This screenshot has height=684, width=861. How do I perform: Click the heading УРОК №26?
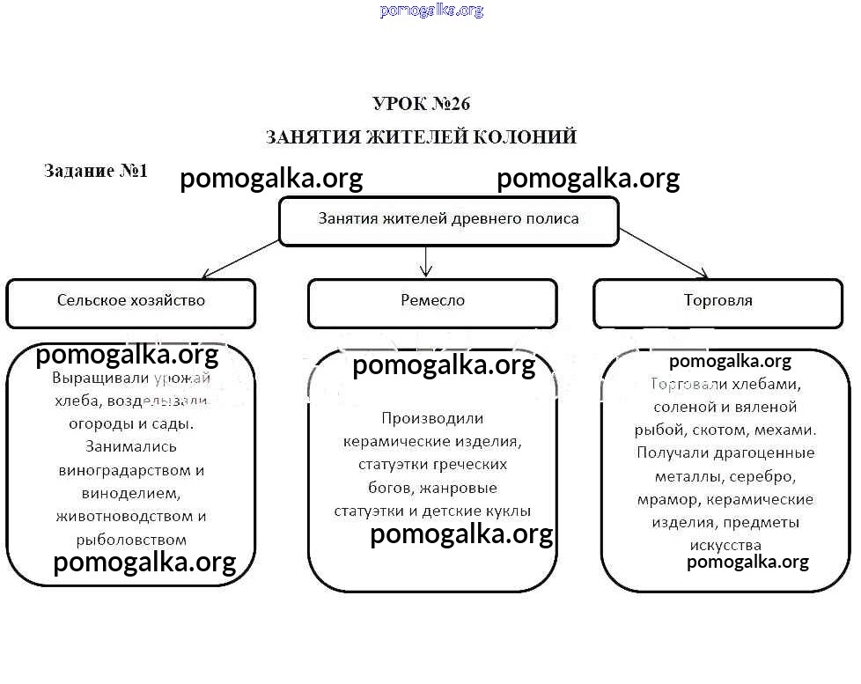(x=422, y=104)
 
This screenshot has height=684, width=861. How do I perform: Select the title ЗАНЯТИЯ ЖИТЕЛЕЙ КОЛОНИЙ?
(x=421, y=137)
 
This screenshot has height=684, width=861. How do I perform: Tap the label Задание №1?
(x=96, y=171)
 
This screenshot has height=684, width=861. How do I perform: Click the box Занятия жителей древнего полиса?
(x=448, y=219)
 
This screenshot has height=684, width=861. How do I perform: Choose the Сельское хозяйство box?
(x=130, y=301)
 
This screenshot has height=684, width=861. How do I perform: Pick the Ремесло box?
(x=431, y=301)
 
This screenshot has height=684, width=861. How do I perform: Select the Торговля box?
(x=717, y=301)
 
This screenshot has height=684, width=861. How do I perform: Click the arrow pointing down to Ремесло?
(x=427, y=261)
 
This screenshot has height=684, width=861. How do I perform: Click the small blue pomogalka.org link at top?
(x=431, y=11)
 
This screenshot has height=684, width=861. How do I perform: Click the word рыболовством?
(x=131, y=539)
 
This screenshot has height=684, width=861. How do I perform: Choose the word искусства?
(x=725, y=545)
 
